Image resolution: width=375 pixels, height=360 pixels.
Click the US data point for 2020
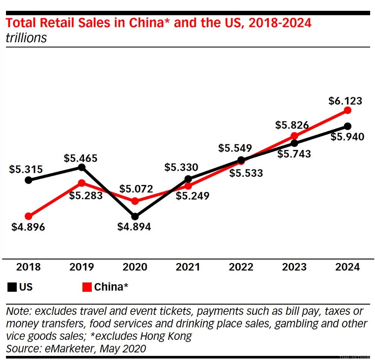click(x=135, y=216)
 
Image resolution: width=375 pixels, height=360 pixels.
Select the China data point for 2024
click(x=348, y=110)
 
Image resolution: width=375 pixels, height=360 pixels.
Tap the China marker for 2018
click(x=28, y=216)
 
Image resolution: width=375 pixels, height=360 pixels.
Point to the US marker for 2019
click(x=82, y=168)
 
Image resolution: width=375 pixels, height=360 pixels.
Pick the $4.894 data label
click(x=134, y=226)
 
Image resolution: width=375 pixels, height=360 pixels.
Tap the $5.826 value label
click(x=292, y=125)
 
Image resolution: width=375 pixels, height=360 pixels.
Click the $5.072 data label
click(x=136, y=189)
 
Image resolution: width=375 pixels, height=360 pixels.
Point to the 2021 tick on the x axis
click(x=188, y=267)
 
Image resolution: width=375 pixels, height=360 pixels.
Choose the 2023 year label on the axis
click(x=294, y=267)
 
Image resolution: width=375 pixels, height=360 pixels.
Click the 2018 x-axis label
click(x=28, y=267)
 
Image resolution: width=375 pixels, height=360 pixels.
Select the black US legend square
click(x=12, y=287)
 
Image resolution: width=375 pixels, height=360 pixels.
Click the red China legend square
click(x=87, y=287)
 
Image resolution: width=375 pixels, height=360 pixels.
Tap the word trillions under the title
click(x=26, y=38)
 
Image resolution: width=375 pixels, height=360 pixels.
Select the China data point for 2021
click(x=188, y=186)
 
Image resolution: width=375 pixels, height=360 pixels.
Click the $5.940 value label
click(x=347, y=137)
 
